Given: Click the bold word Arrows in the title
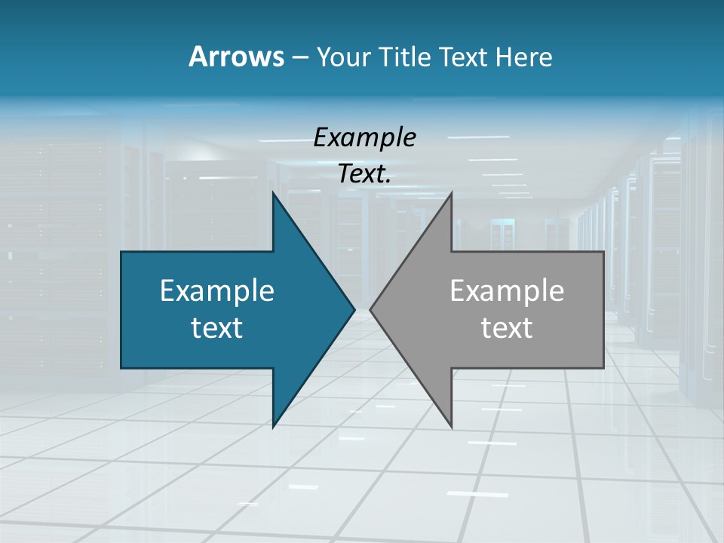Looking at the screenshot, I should coord(236,57).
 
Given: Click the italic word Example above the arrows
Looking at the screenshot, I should coord(364,137).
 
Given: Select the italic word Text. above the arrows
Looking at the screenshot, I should coord(364,174).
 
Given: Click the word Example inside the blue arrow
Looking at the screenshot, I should coord(217,291).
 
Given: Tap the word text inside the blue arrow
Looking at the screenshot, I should coord(217,327).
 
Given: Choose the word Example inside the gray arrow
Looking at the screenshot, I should coord(507,291).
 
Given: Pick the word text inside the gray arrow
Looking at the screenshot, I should coord(507,327).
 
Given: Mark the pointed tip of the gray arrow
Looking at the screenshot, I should coord(371,309).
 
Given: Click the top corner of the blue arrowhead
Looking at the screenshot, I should coord(274,195).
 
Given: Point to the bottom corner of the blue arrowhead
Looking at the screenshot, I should coord(274,425).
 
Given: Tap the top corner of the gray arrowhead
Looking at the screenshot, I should coord(451,195).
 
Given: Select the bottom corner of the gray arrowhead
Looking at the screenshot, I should coord(451,425).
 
